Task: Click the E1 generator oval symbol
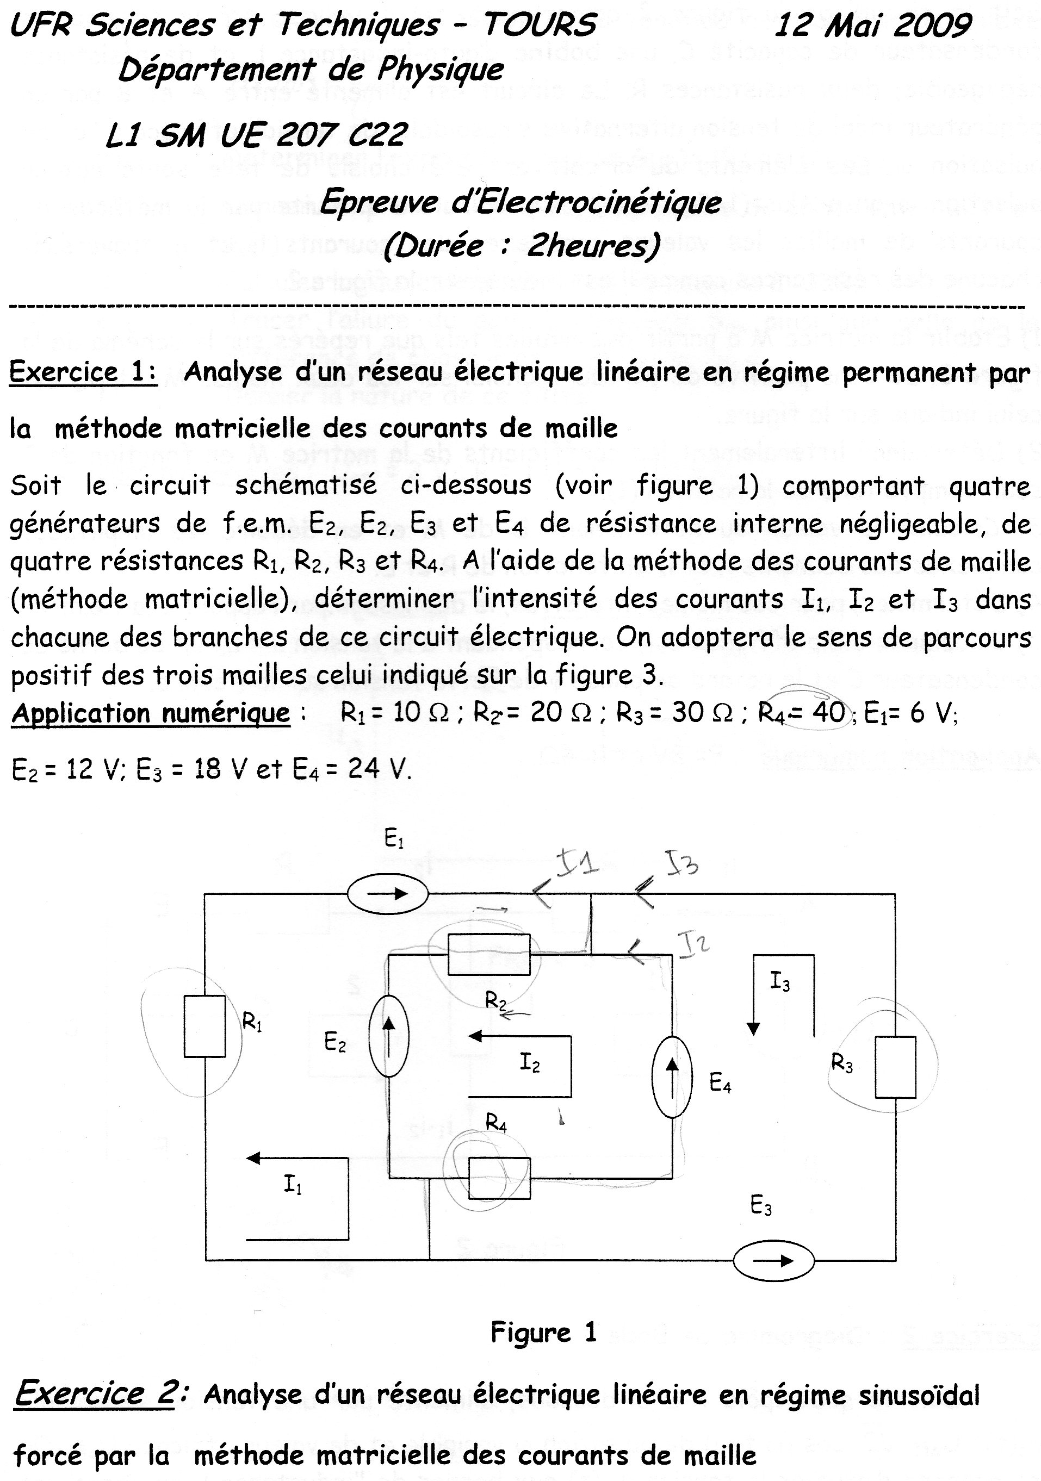pos(387,893)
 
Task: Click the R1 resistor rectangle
pos(205,1026)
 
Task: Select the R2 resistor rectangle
pos(488,954)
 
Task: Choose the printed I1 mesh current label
pos(293,1184)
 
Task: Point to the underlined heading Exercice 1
pos(83,372)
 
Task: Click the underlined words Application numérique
pos(151,713)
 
